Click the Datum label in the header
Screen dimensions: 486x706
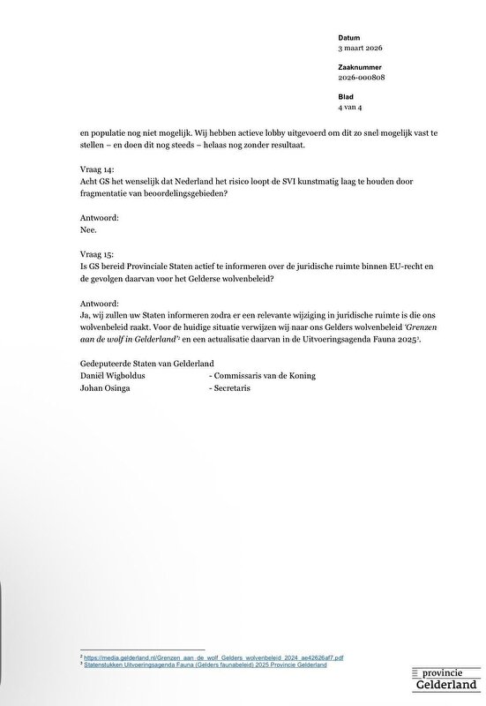coord(348,37)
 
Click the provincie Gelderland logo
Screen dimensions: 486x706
coord(448,679)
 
